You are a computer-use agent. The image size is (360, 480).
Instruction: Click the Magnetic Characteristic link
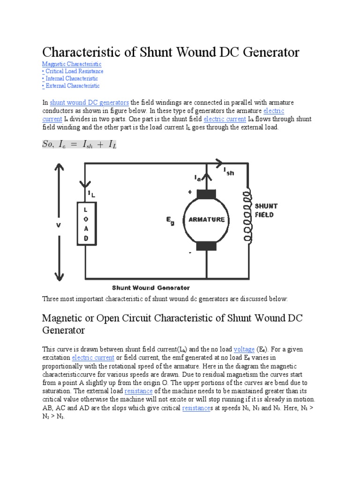[71, 64]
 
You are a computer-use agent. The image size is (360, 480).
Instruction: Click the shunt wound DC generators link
[89, 103]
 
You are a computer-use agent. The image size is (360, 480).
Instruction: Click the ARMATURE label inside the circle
[207, 219]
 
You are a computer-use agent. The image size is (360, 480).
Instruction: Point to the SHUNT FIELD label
[266, 210]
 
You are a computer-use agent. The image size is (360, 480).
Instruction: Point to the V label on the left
[59, 225]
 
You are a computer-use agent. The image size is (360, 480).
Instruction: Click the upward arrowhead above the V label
[59, 167]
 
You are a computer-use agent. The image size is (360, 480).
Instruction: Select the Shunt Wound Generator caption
[150, 288]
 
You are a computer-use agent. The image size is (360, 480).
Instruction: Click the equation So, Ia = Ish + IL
[79, 145]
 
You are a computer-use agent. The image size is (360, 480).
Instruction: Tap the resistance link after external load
[138, 391]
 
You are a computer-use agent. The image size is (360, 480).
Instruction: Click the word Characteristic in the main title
[93, 52]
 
